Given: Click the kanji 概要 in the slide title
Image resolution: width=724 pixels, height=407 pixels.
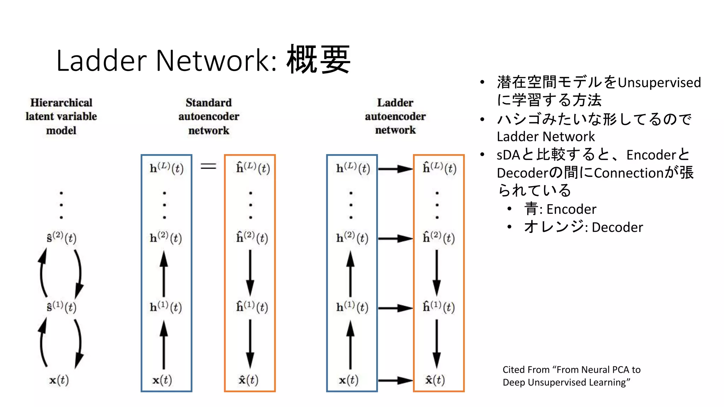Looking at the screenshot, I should (318, 59).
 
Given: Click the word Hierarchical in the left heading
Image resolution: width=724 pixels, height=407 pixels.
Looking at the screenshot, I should (61, 103).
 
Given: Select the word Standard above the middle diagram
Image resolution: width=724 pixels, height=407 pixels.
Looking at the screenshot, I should (209, 103).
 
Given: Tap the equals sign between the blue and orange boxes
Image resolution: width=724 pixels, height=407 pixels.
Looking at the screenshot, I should (208, 166).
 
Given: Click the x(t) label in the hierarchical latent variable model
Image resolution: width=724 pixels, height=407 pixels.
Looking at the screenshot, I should (59, 380).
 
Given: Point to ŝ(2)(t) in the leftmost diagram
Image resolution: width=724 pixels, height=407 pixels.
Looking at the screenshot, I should (61, 237).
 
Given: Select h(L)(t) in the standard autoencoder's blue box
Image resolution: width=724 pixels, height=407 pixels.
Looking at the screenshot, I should (167, 168).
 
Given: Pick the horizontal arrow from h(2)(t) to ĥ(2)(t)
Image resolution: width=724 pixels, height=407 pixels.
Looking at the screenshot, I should (395, 239).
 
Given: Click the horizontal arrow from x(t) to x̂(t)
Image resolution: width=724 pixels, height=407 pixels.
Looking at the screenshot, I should (395, 381).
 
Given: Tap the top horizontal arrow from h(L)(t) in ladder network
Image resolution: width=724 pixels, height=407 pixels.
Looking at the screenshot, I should (395, 169).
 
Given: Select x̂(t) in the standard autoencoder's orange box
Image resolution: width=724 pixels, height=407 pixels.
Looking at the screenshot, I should (249, 380).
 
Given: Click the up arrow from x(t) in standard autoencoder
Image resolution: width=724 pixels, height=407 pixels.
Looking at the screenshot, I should (164, 344).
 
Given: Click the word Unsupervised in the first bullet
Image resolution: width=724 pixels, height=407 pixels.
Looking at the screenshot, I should (659, 83).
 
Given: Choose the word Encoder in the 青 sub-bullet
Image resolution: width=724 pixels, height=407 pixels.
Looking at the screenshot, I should (571, 209).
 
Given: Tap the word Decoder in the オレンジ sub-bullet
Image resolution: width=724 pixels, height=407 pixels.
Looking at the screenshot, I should (617, 227).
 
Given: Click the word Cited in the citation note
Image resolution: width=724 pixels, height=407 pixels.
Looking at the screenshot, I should (516, 370).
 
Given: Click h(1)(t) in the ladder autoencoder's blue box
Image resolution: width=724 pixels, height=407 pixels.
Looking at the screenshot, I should (352, 307).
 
